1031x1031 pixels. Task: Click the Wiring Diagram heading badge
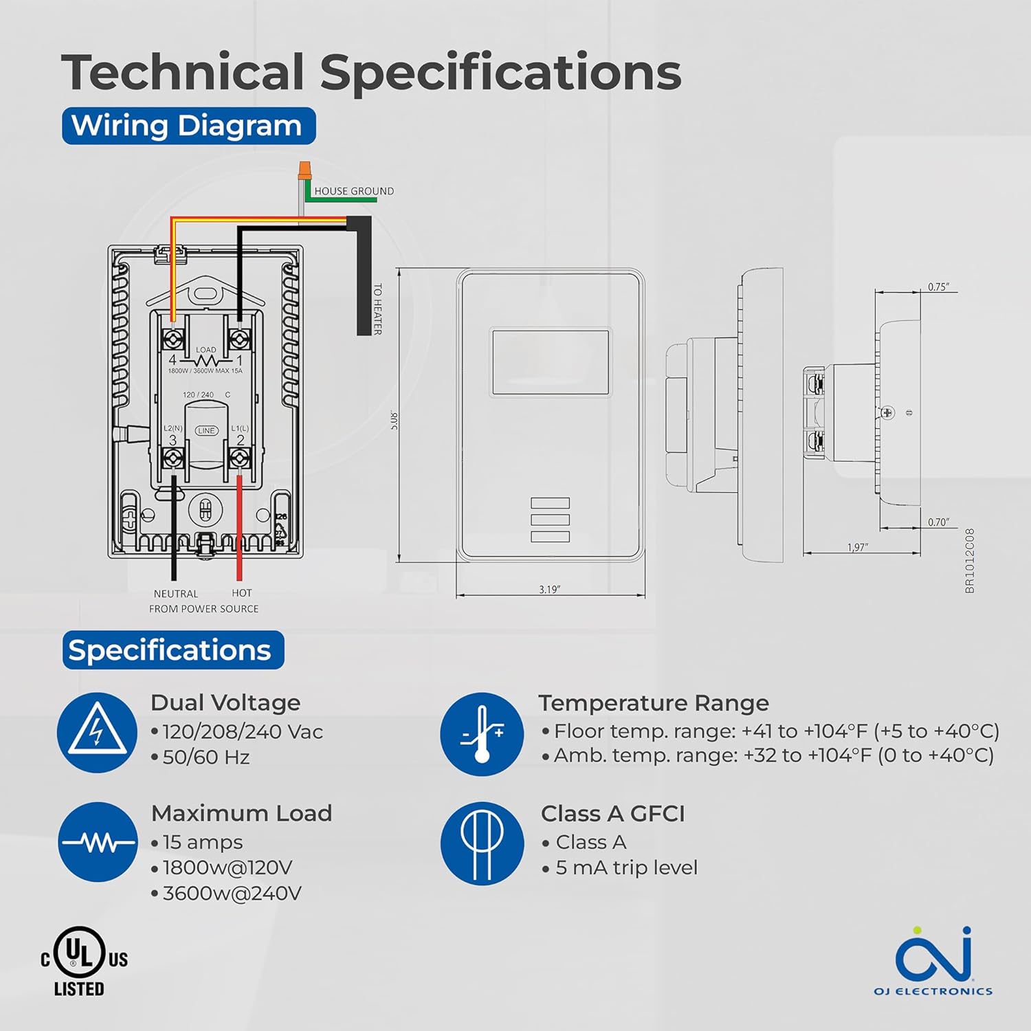click(x=188, y=126)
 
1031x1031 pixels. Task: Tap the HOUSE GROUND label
click(x=354, y=191)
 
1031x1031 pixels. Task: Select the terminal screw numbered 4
click(x=173, y=338)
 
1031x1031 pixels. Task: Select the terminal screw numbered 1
click(x=239, y=338)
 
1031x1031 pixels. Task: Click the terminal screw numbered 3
click(x=173, y=456)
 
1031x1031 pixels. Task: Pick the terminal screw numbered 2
click(x=239, y=456)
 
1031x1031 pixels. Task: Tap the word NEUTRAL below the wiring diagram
click(x=175, y=594)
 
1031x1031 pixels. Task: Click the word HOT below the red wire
click(x=242, y=593)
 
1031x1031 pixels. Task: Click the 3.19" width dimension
click(x=549, y=590)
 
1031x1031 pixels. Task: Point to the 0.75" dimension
click(x=938, y=287)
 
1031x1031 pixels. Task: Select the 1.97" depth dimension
click(x=857, y=548)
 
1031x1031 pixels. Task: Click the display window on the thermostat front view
click(x=550, y=362)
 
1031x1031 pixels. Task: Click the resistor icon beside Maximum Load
click(x=98, y=842)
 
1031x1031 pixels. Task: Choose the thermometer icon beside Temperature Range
click(x=481, y=734)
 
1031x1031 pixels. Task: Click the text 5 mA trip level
click(x=626, y=867)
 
